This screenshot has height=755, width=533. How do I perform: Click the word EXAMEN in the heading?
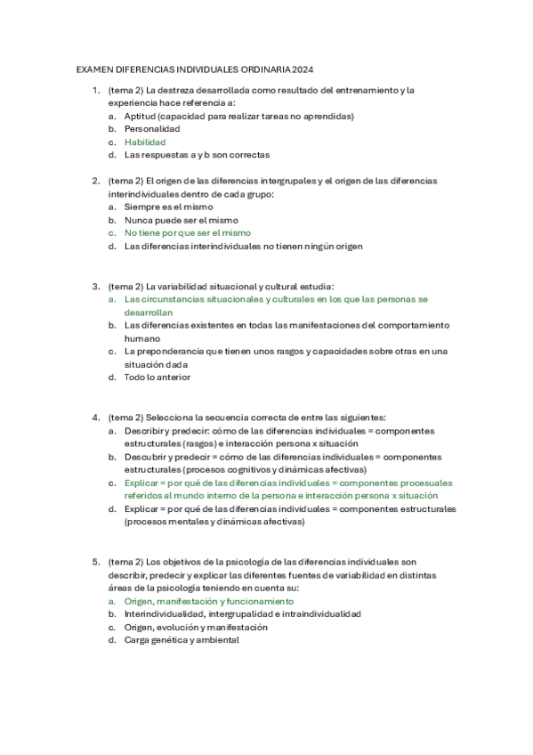coord(95,68)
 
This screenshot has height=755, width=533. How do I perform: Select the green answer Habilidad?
coord(145,142)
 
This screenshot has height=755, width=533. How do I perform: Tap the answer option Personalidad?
coord(152,129)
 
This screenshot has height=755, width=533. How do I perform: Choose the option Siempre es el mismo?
coord(169,207)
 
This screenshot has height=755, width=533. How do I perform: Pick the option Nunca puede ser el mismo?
coord(182,220)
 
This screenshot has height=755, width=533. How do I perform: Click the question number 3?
coord(95,287)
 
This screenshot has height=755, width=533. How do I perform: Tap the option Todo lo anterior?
coord(157,377)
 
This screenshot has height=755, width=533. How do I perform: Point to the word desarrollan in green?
coord(149,313)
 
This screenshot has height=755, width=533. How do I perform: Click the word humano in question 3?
coord(142,338)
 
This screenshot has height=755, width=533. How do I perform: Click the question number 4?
coord(95,418)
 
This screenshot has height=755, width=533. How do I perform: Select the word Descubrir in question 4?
coord(146,457)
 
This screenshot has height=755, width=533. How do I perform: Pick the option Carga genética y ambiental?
coord(182,640)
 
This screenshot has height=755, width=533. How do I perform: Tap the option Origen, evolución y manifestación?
coord(196,627)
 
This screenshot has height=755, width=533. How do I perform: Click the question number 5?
coord(95,563)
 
